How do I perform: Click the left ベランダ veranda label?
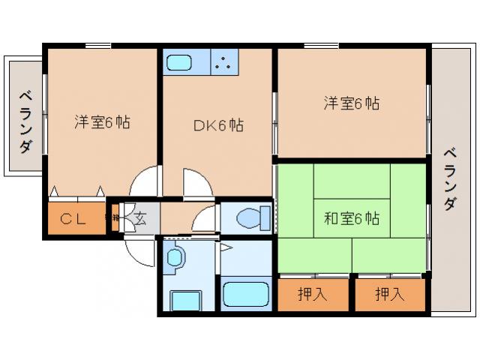click(25, 121)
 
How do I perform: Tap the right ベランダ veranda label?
click(449, 178)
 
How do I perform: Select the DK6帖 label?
click(217, 125)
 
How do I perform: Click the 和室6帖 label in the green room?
click(352, 219)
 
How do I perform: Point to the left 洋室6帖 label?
click(102, 122)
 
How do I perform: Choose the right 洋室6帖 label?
click(352, 103)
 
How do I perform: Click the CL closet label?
click(74, 219)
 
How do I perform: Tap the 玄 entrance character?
click(139, 219)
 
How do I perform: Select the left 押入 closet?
click(313, 294)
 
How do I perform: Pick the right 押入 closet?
click(390, 294)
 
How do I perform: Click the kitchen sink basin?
click(184, 61)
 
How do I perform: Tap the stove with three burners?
click(224, 61)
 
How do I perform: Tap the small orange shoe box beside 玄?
click(116, 219)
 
